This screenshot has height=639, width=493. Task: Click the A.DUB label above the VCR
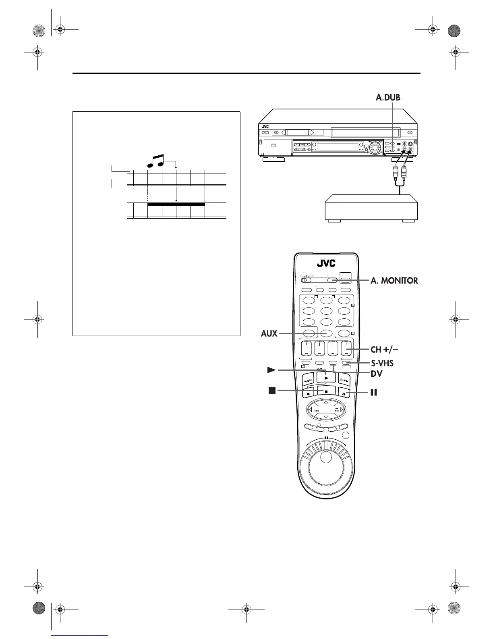coord(388,97)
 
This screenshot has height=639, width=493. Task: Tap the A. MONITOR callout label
coord(394,280)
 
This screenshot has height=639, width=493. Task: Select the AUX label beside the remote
coord(269,334)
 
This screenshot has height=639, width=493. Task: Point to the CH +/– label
coord(384,349)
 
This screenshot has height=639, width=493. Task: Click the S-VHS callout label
coord(382,363)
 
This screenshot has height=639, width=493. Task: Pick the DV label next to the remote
coord(377,374)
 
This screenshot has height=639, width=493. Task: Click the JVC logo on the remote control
coord(326,263)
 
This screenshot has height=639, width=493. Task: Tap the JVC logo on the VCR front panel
coord(265,127)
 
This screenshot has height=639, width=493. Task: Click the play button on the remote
coord(326,378)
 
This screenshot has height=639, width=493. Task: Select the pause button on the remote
coord(344,393)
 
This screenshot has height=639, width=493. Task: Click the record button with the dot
coord(308,393)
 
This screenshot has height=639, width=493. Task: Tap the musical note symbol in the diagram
coord(155,161)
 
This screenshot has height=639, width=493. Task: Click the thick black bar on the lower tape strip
coord(176,204)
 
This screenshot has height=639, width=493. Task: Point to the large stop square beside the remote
coord(272,390)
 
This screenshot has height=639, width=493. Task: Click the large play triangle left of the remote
coord(271,370)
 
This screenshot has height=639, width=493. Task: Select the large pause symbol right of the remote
coord(373,392)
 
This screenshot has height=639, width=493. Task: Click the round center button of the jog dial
coord(326,457)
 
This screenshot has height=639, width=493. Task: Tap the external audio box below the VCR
coord(371,208)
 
